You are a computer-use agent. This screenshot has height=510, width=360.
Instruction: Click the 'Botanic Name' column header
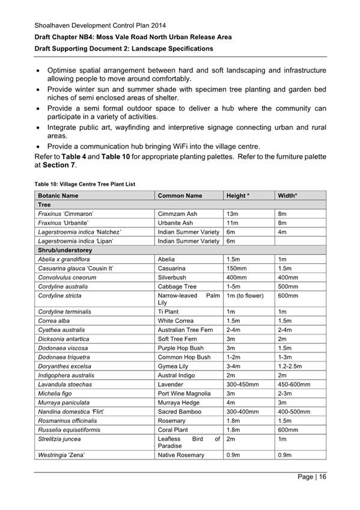tap(58, 196)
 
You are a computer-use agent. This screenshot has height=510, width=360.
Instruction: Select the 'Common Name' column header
tap(180, 196)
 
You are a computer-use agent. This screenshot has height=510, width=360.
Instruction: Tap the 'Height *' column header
tap(237, 196)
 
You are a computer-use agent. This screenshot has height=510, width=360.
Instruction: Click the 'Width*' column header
tap(287, 196)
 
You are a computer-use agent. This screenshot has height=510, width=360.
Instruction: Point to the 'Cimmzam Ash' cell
tap(177, 214)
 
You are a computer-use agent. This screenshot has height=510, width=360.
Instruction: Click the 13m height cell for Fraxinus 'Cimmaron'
tap(232, 214)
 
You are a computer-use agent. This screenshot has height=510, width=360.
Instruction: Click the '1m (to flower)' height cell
tap(245, 295)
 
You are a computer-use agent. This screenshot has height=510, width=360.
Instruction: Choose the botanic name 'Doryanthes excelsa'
tap(64, 366)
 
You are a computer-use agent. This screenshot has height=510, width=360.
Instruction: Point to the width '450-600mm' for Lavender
tap(294, 384)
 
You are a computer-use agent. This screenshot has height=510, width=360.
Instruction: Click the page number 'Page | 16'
tap(311, 478)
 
